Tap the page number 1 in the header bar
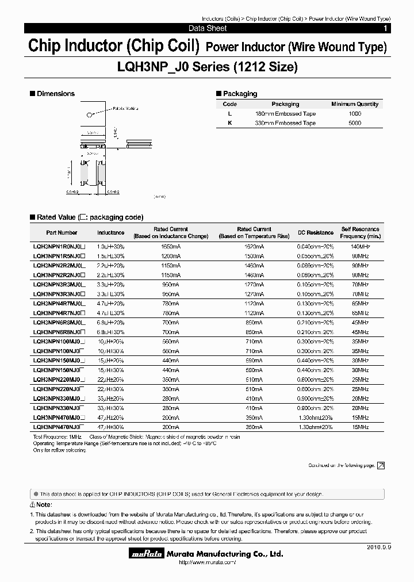click(385, 28)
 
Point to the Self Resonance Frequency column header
click(361, 232)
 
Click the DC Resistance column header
click(315, 232)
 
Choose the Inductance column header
click(110, 232)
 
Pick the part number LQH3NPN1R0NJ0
click(59, 246)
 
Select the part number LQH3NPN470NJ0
click(59, 427)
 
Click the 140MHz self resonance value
click(360, 246)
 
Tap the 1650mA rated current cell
click(171, 246)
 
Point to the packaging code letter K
click(230, 123)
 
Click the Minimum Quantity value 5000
click(355, 123)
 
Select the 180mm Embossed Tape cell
click(285, 114)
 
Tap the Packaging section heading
click(240, 94)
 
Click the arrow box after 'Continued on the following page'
click(380, 466)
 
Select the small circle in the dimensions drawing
click(88, 114)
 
